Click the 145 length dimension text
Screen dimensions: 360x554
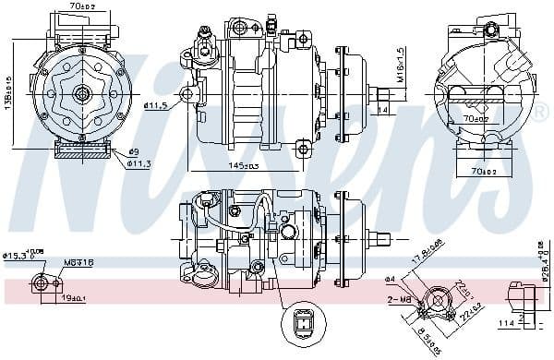click(x=243, y=165)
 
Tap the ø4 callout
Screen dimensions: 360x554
click(x=390, y=278)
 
